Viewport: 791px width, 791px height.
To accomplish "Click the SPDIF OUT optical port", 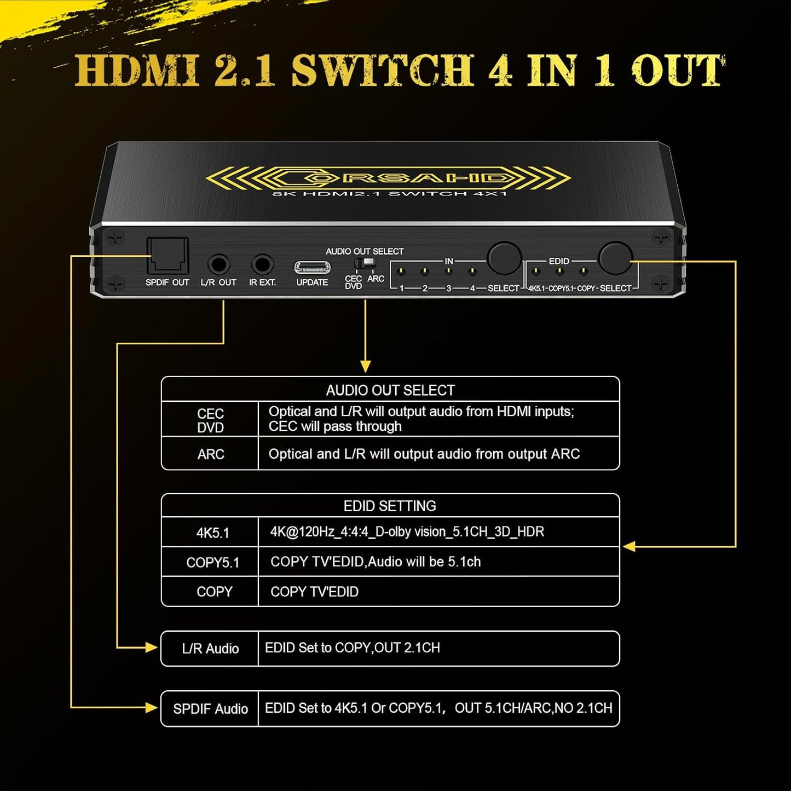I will click(168, 256).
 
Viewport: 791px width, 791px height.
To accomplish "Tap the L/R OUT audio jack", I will click(218, 264).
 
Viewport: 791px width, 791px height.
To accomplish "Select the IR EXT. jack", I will click(262, 264).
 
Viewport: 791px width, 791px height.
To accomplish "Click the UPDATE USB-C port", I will click(312, 267).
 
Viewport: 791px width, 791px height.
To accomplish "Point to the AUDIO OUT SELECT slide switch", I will click(365, 263).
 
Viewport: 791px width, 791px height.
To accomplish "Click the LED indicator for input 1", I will click(401, 272).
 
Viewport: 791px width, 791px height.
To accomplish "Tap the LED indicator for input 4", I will click(472, 272).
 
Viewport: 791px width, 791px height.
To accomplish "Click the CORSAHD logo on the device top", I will click(389, 178).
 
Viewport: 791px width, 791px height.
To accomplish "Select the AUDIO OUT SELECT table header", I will click(390, 390).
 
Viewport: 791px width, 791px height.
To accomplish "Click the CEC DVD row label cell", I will click(210, 420).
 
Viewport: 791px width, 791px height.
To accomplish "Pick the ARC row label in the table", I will click(210, 454).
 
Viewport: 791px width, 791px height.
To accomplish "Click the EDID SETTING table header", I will click(390, 506).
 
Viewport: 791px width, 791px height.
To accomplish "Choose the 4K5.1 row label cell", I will click(212, 533).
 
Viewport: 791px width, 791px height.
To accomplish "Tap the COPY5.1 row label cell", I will click(212, 562).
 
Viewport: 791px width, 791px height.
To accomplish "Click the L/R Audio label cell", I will click(210, 649).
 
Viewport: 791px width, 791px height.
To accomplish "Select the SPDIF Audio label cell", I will click(210, 709).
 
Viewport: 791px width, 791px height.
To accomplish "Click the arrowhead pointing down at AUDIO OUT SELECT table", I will click(366, 367).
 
